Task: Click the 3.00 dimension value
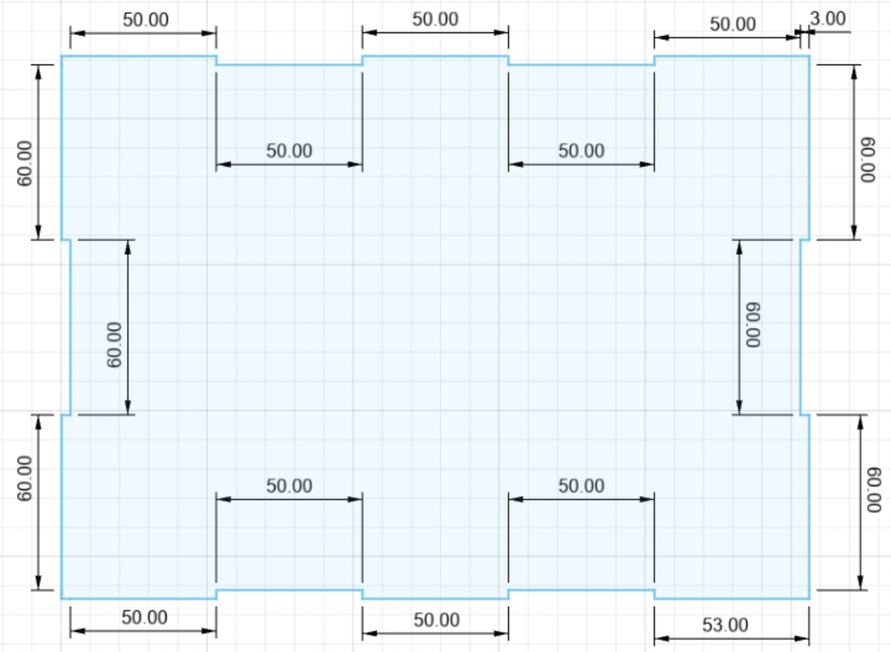(828, 19)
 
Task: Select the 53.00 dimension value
(725, 625)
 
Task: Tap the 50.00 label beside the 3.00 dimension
(733, 25)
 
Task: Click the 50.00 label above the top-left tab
(146, 20)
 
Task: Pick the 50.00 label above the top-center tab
(435, 20)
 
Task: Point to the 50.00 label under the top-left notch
(289, 151)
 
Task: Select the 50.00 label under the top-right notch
(581, 151)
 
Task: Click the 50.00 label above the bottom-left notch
(289, 486)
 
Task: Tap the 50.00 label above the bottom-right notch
(581, 486)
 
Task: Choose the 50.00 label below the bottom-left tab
(145, 618)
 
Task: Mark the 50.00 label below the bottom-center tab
(437, 619)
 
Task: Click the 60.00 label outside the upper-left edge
(25, 163)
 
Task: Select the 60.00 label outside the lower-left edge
(25, 478)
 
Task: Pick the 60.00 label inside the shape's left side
(114, 345)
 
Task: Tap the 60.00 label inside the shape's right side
(754, 325)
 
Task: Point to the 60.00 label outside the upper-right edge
(867, 159)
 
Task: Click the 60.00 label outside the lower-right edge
(874, 489)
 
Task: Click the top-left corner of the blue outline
(62, 56)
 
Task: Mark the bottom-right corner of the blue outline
(809, 599)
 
